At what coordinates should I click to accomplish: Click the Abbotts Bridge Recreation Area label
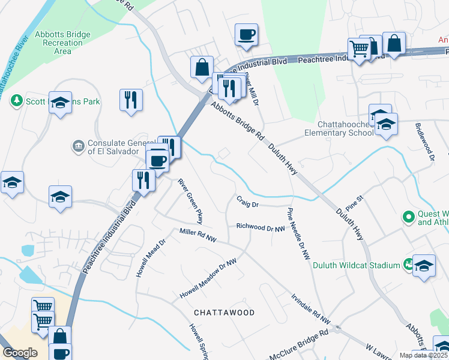tap(59, 43)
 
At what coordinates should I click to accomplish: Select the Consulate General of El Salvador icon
tap(79, 146)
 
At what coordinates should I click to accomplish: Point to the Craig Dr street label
tap(247, 205)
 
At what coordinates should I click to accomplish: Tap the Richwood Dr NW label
tap(260, 228)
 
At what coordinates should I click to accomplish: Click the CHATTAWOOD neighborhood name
tap(224, 313)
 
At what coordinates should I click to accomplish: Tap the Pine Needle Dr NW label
tap(298, 233)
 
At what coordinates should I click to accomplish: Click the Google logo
tap(20, 352)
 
